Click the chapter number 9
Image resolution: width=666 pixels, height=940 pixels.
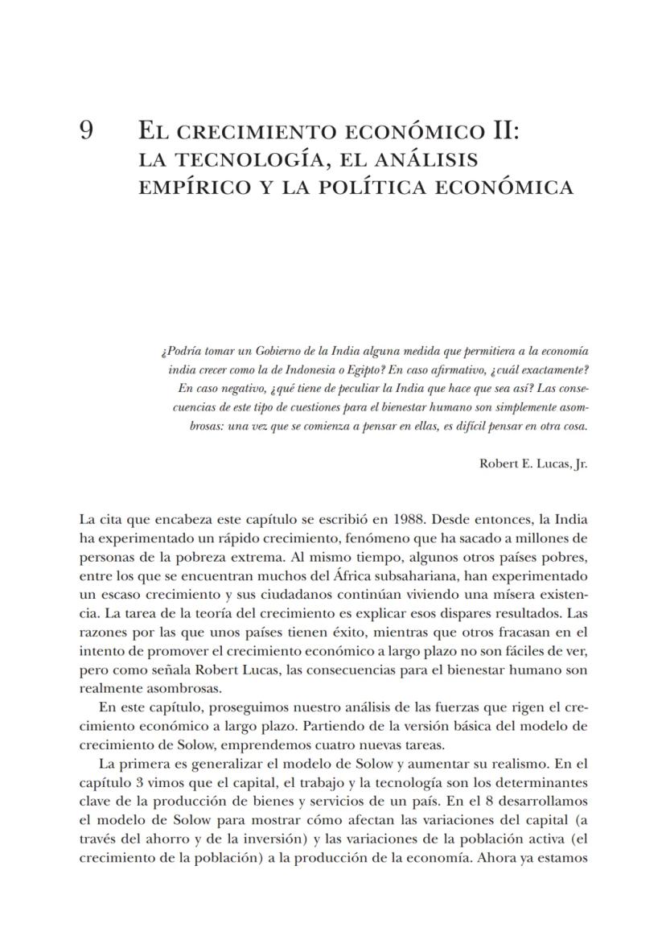[88, 130]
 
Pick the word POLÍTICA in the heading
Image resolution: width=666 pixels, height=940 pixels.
[376, 188]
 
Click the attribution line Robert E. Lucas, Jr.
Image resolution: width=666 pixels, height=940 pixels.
[533, 464]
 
